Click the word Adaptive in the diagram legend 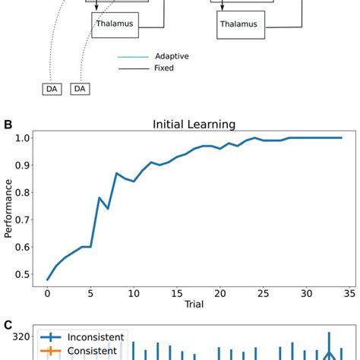tap(172, 55)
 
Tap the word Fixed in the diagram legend tap(164, 68)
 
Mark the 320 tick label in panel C tap(23, 338)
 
